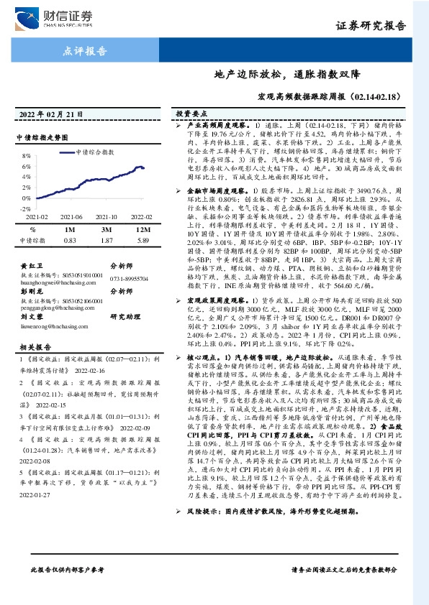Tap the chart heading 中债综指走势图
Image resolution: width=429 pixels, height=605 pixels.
(41, 137)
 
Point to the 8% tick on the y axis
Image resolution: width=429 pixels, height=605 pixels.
(26, 154)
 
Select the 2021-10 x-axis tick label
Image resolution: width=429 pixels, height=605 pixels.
(106, 216)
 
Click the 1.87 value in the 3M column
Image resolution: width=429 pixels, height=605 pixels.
(107, 240)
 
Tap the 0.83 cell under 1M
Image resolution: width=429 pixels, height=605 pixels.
(70, 240)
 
